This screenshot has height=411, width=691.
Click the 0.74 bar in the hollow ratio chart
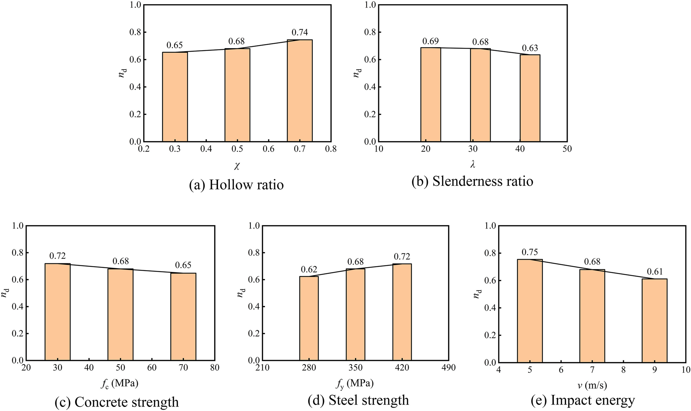point(300,91)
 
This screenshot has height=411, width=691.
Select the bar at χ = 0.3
point(175,97)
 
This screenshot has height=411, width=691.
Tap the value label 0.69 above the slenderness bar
point(430,41)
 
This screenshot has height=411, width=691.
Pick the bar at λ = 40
point(530,98)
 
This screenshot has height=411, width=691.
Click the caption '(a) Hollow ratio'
point(236,185)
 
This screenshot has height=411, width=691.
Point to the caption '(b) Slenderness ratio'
point(472,181)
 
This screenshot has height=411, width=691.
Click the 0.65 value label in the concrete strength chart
point(183,265)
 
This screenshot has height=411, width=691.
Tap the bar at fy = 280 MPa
point(309,318)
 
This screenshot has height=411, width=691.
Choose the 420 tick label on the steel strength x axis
point(402,368)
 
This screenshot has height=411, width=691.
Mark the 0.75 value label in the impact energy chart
point(529,252)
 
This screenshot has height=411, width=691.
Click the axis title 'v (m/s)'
point(592,386)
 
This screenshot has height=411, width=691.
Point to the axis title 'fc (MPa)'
point(120,383)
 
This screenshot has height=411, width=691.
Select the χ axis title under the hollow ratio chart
point(237,166)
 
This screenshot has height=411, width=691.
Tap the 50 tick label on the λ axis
point(567,149)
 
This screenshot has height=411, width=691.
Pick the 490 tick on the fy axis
point(448,368)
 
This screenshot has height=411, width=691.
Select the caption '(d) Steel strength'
point(358,400)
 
